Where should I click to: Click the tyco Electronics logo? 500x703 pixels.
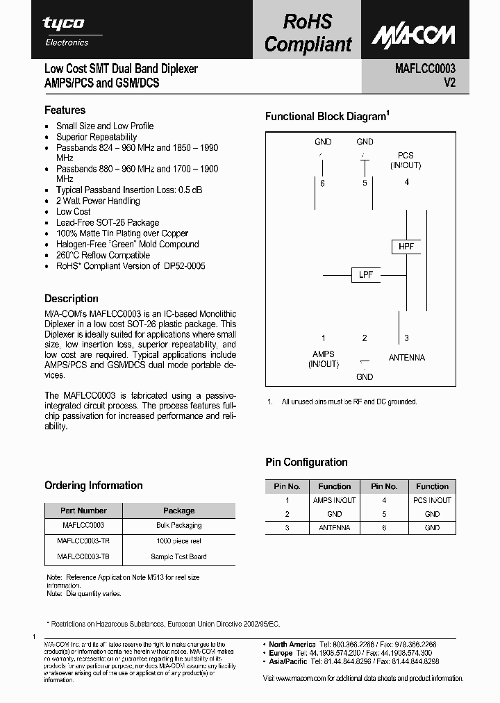tap(67, 31)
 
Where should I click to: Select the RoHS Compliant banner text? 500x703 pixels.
tap(308, 33)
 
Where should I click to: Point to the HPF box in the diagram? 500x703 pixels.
tap(406, 247)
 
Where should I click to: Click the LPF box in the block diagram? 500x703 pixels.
tap(366, 274)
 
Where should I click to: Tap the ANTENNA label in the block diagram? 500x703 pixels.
tap(406, 358)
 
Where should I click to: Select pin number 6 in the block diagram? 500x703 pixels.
tap(322, 183)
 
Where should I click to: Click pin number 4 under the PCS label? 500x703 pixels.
tap(406, 182)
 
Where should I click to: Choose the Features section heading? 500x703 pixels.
tap(65, 110)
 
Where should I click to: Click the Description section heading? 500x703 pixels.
tap(71, 299)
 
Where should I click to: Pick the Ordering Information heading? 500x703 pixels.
tap(93, 486)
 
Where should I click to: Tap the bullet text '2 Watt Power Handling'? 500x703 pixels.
tap(98, 201)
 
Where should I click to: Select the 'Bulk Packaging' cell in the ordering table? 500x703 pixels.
tap(178, 526)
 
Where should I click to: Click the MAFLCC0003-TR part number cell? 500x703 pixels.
tap(83, 541)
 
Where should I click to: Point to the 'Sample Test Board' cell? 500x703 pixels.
tap(178, 556)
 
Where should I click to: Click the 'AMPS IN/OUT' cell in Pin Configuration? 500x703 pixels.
tap(334, 500)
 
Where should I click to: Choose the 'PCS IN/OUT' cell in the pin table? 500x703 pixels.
tap(432, 500)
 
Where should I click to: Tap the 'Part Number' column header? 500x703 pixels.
tap(83, 511)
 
